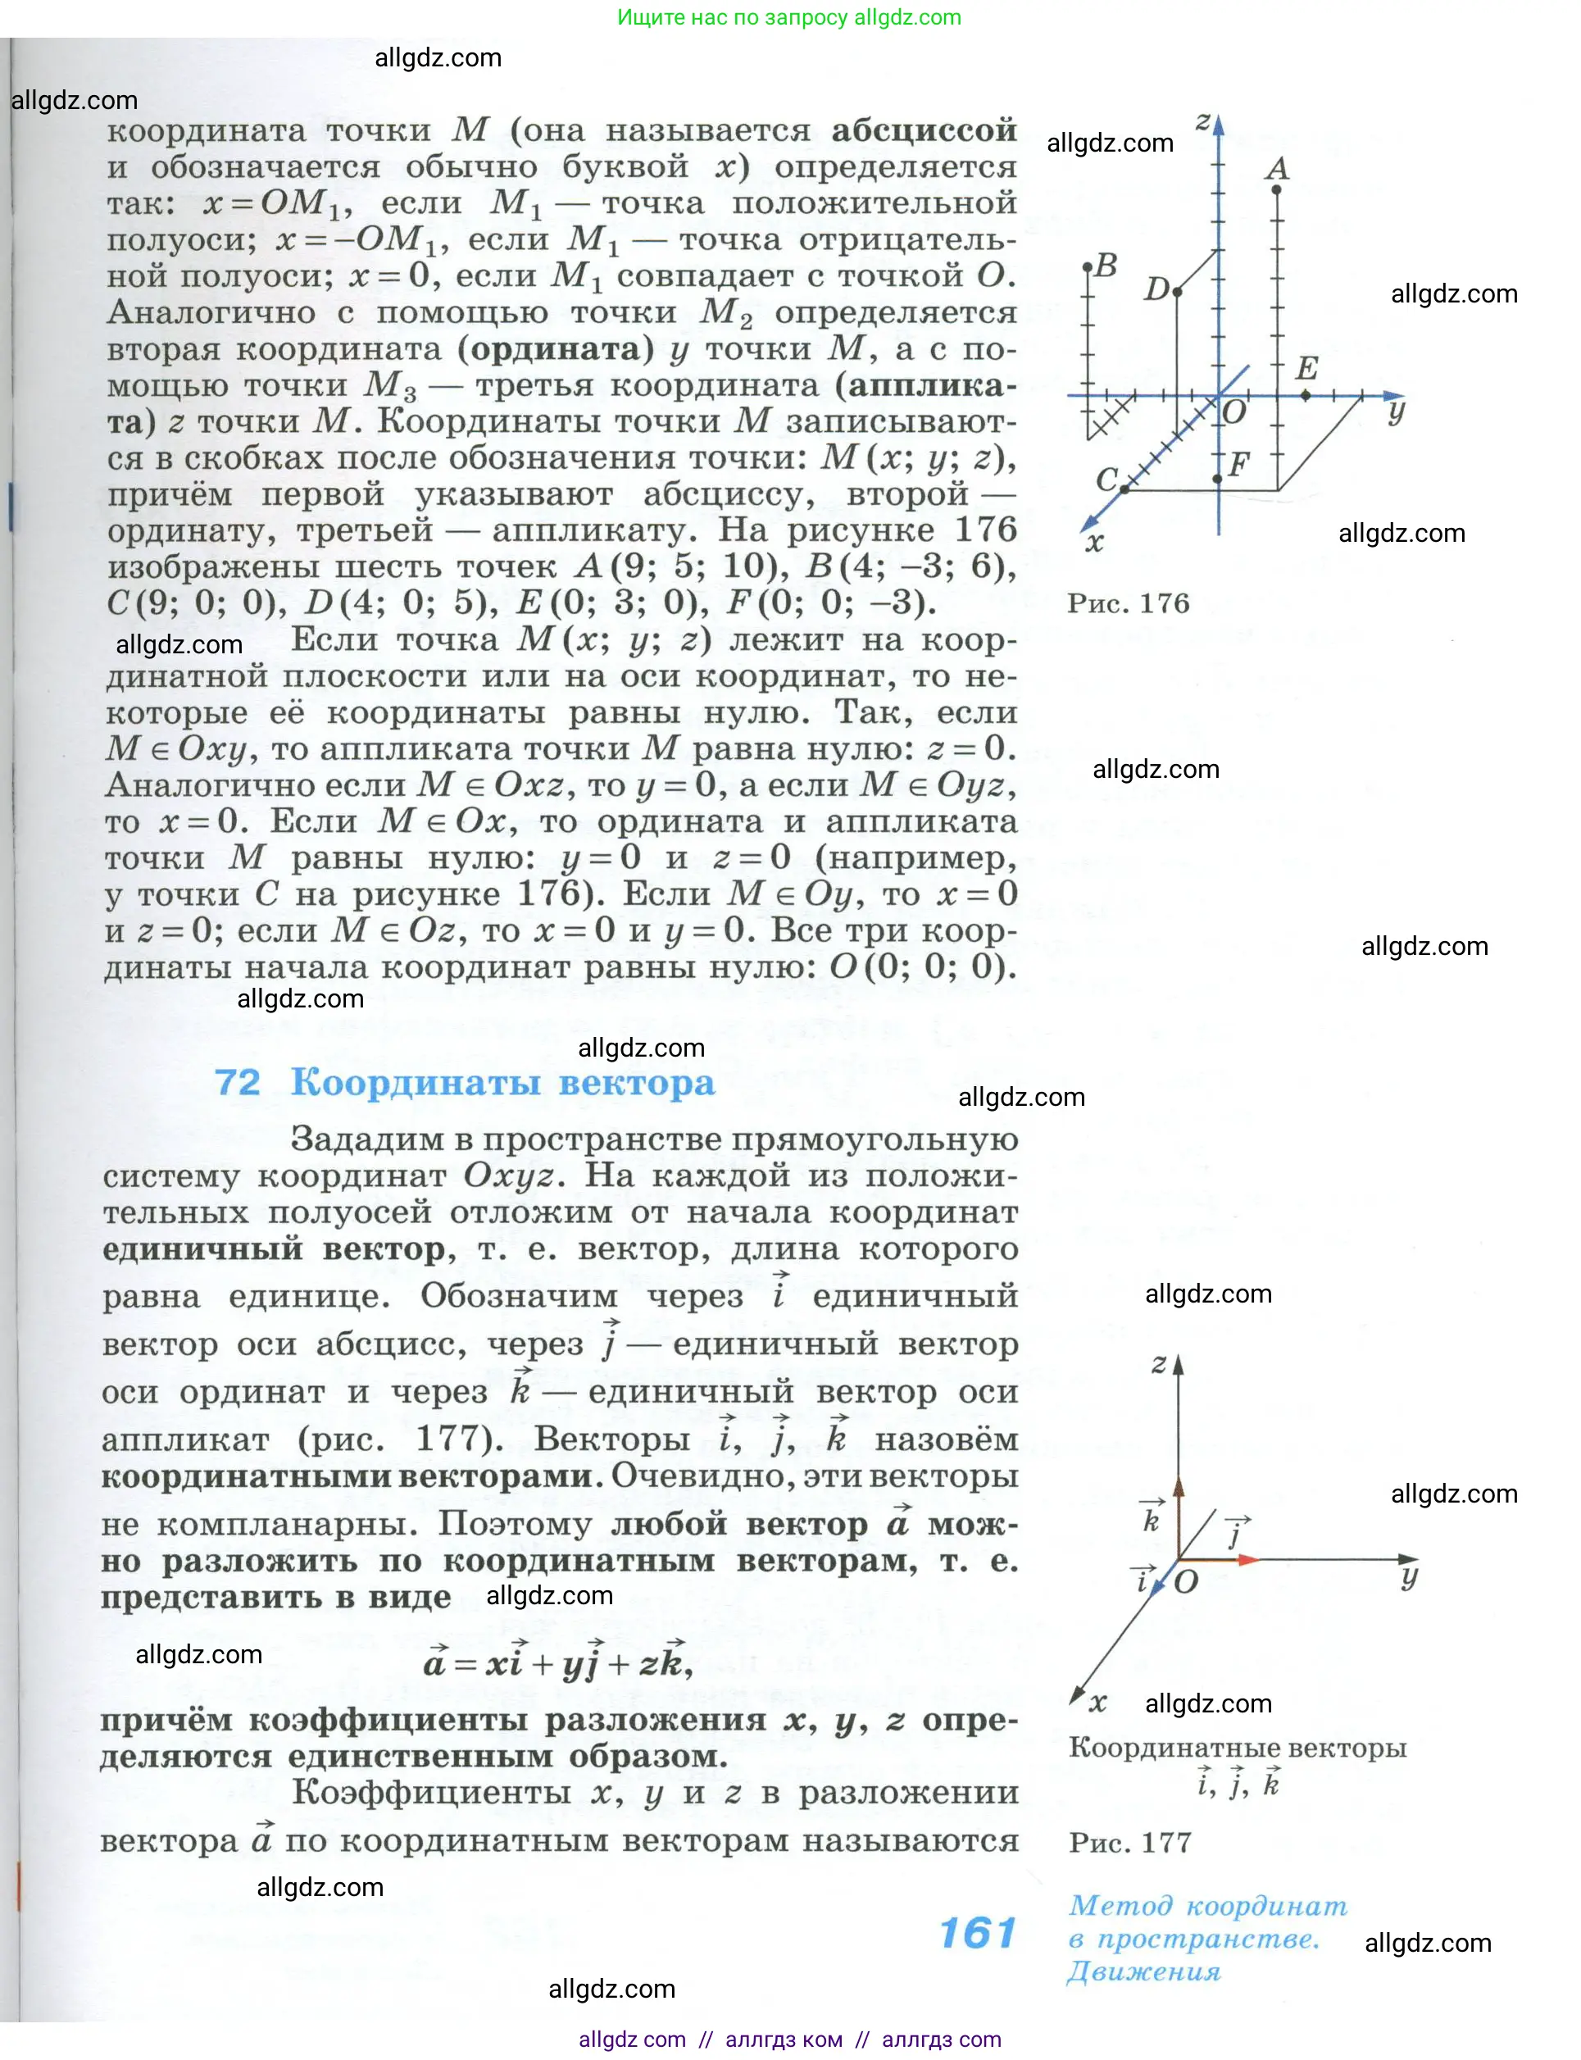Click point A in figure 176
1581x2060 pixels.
coord(1276,190)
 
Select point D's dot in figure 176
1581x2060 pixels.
coord(1177,292)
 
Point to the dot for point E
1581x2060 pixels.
coord(1306,395)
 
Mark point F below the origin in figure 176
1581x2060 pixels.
coord(1218,479)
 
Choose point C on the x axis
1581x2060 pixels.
coord(1124,489)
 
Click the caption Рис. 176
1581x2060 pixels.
coord(1129,603)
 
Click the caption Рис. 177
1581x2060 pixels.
coord(1130,1842)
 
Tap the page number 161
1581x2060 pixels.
coord(978,1934)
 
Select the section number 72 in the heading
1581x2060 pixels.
coord(237,1083)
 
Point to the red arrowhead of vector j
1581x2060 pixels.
coord(1248,1560)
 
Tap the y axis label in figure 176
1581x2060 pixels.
coord(1397,412)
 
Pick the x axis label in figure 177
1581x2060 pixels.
coord(1098,1702)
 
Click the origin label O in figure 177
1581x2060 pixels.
coord(1187,1582)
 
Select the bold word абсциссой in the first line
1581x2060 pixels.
coord(923,130)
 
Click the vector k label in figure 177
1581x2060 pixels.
coord(1151,1519)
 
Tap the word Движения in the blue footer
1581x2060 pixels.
coord(1143,1971)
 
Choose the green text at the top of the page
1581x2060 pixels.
coord(788,17)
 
